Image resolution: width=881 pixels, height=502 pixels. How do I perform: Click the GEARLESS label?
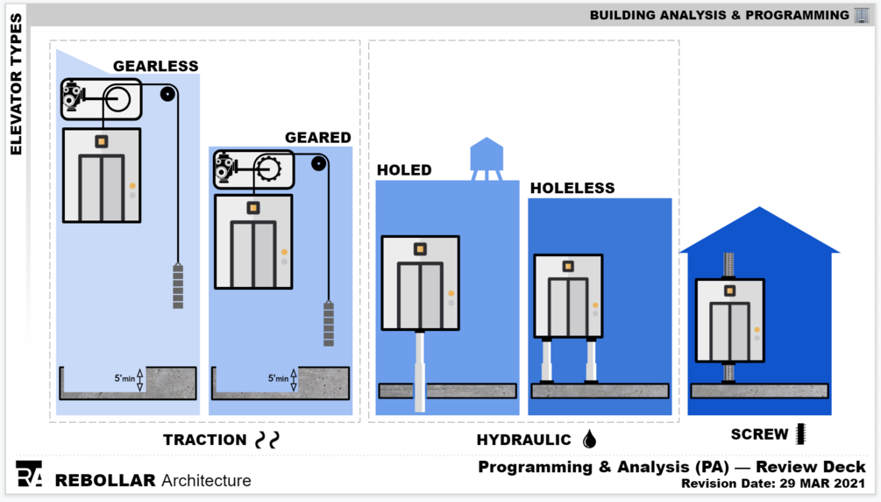(x=156, y=66)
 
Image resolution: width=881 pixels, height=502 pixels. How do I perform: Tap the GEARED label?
(x=317, y=138)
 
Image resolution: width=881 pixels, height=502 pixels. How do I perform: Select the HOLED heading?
(x=404, y=170)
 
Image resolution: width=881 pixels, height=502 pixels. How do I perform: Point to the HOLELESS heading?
(x=572, y=188)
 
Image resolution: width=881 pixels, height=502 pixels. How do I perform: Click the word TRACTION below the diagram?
(x=205, y=440)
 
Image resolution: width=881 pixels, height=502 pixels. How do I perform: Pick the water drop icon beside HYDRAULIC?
(x=589, y=439)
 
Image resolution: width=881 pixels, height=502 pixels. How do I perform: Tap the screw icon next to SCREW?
(x=800, y=434)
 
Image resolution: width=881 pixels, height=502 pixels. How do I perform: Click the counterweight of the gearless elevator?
(x=178, y=286)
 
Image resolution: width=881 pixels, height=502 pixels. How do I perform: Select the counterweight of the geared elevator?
(x=329, y=324)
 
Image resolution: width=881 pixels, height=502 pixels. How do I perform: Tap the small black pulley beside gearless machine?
(x=167, y=94)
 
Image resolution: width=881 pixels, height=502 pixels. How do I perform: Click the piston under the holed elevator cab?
(x=420, y=369)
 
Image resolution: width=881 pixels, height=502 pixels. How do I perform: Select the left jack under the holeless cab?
(x=545, y=362)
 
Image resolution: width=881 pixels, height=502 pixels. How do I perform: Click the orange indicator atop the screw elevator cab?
(x=729, y=290)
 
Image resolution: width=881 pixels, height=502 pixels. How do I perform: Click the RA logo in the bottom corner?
(x=29, y=474)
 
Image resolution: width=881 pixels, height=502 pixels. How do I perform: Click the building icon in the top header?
(x=862, y=15)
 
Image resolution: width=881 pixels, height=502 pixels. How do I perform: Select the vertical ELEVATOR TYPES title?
(x=16, y=84)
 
